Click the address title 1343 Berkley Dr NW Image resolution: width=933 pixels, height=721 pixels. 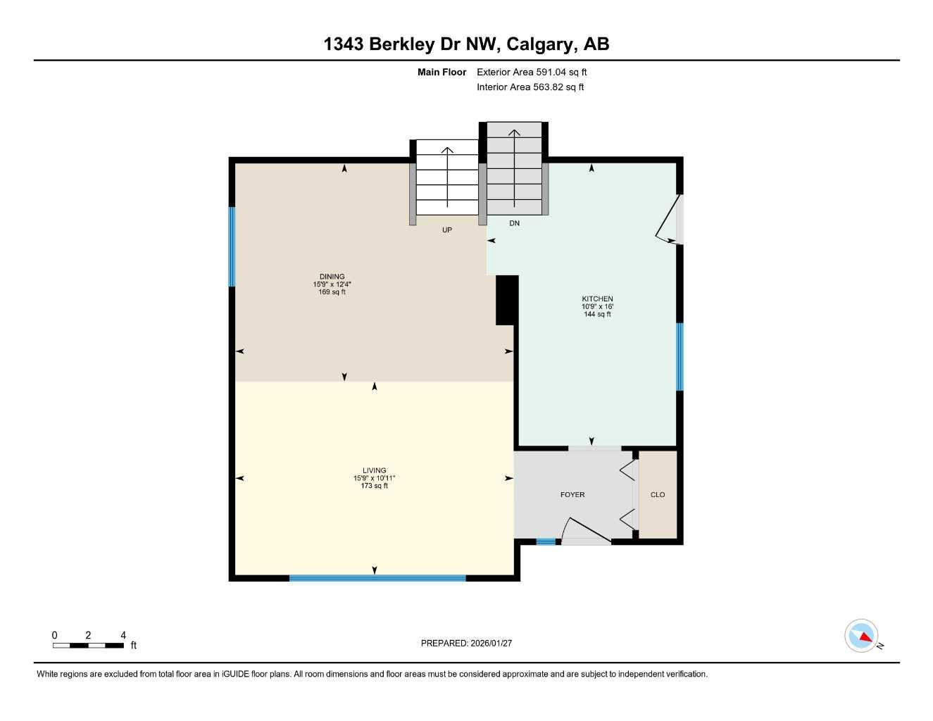pyautogui.click(x=466, y=44)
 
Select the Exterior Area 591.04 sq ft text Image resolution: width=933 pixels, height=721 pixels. pyautogui.click(x=532, y=72)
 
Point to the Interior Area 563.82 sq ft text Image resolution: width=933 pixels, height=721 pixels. pyautogui.click(x=530, y=87)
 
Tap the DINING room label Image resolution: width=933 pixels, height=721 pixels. pyautogui.click(x=332, y=277)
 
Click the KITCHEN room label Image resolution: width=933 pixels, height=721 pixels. pyautogui.click(x=597, y=299)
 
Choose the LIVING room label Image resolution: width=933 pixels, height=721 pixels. pyautogui.click(x=375, y=470)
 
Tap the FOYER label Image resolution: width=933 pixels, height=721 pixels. pyautogui.click(x=572, y=495)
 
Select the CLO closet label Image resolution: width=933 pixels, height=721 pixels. pyautogui.click(x=658, y=495)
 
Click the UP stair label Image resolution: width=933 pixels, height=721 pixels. pyautogui.click(x=447, y=230)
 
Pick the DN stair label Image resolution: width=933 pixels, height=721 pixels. pyautogui.click(x=515, y=223)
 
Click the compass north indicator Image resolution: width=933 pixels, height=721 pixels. pyautogui.click(x=862, y=637)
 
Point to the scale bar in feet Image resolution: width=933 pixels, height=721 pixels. pyautogui.click(x=88, y=645)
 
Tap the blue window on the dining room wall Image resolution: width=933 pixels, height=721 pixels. pyautogui.click(x=232, y=246)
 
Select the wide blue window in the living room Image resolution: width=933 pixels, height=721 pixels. pyautogui.click(x=377, y=578)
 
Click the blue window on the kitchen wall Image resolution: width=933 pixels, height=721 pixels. pyautogui.click(x=680, y=356)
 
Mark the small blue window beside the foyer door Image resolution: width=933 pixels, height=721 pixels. pyautogui.click(x=546, y=541)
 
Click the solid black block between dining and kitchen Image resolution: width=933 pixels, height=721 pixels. pyautogui.click(x=506, y=300)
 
